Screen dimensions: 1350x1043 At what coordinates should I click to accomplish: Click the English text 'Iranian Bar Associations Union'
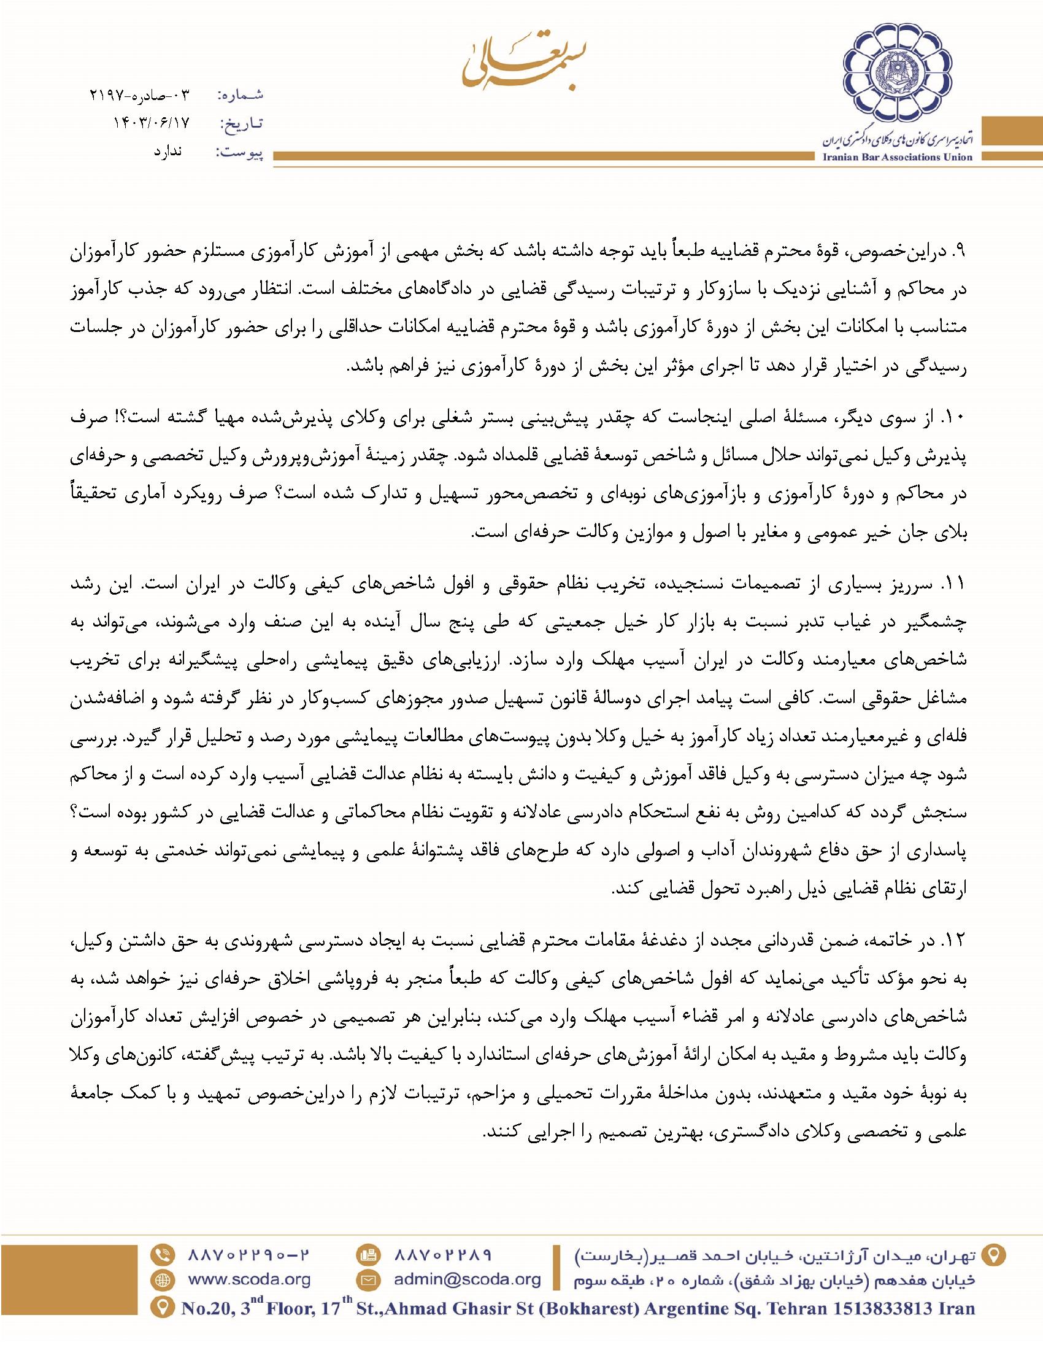898,157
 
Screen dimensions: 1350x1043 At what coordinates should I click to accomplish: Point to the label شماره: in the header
241,95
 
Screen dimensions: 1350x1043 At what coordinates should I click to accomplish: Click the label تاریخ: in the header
241,123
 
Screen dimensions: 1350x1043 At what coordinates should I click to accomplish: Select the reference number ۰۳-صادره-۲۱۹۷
138,95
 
